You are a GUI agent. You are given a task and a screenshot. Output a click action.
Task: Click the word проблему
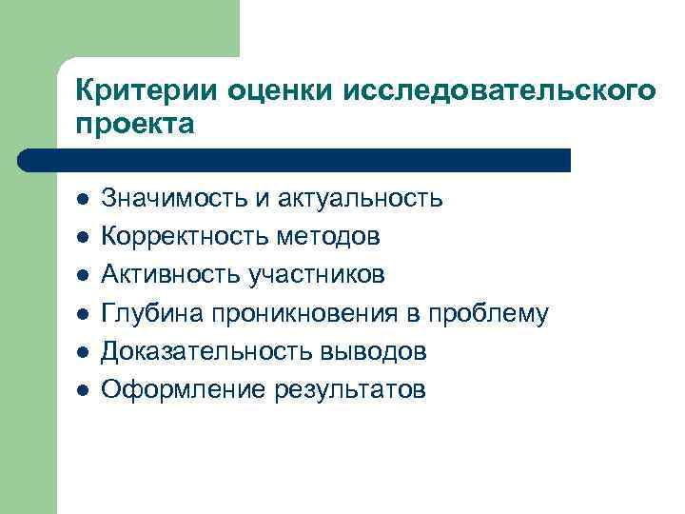click(488, 313)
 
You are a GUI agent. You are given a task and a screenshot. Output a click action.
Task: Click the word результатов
click(349, 389)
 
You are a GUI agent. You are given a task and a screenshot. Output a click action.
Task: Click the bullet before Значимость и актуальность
click(83, 199)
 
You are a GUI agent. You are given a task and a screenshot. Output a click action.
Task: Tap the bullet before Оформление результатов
click(83, 390)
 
